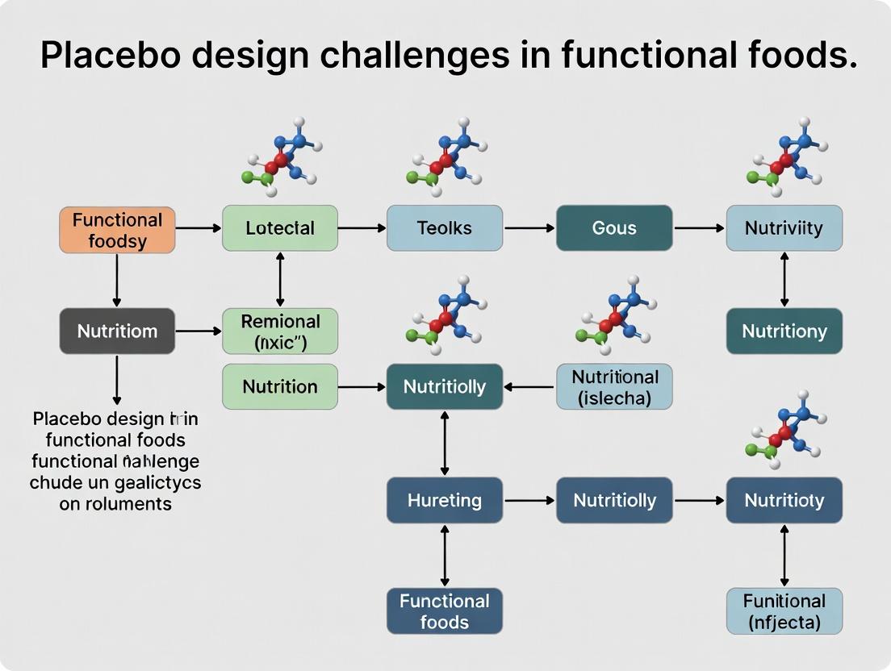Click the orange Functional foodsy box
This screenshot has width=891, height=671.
tap(117, 230)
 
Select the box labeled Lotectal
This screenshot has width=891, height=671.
tap(280, 228)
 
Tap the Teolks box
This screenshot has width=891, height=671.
tap(444, 228)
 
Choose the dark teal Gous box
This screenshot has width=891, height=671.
tap(614, 228)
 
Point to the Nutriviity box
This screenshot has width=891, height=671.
tap(784, 228)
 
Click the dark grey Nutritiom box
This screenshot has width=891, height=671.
tap(117, 331)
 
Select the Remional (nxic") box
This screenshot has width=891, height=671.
tap(280, 331)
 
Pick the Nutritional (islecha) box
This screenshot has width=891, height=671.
tap(614, 386)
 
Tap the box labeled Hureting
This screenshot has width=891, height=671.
tap(444, 500)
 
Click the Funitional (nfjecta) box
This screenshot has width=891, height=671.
tap(784, 611)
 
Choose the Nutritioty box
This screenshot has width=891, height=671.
tap(784, 500)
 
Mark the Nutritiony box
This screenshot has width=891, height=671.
tap(784, 331)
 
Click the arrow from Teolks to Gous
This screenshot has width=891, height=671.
tap(529, 228)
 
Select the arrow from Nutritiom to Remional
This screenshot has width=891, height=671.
tap(198, 331)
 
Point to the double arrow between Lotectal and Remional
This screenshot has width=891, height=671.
tap(280, 279)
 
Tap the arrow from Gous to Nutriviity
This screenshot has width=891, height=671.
tap(699, 228)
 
